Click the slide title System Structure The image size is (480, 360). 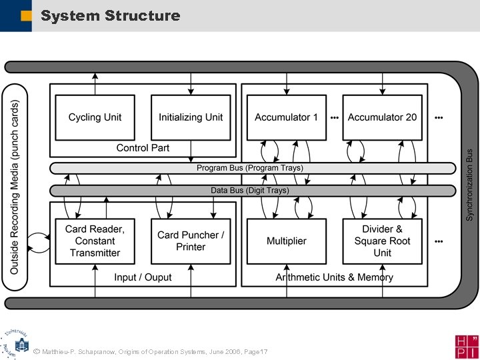[110, 15]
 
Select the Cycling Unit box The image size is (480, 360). [95, 117]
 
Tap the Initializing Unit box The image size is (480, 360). [191, 117]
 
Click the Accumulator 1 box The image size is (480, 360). [287, 117]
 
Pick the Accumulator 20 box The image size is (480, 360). [382, 117]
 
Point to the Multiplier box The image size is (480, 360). [287, 241]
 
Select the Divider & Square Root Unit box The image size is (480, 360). [382, 241]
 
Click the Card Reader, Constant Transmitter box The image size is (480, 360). [95, 241]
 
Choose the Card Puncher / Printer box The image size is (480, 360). [191, 241]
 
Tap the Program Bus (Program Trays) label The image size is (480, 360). [249, 168]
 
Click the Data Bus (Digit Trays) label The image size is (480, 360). [249, 191]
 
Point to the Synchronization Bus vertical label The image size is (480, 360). [469, 185]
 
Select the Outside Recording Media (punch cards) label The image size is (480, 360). [15, 187]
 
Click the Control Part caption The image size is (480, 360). [143, 148]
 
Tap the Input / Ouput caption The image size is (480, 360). [143, 277]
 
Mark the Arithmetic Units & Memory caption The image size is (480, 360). [334, 277]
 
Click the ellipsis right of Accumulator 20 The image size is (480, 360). [438, 117]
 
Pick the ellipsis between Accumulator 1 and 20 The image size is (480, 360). [334, 117]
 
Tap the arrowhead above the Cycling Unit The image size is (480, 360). [95, 75]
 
